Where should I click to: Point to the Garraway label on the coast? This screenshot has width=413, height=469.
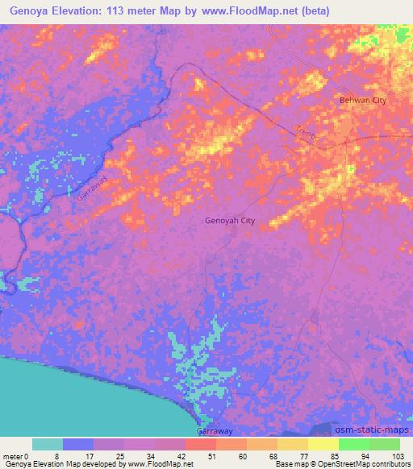click(x=215, y=430)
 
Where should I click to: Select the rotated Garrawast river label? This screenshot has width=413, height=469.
click(x=91, y=187)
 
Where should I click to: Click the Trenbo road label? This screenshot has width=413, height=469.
click(x=307, y=135)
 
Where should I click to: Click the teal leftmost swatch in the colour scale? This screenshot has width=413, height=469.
click(x=48, y=444)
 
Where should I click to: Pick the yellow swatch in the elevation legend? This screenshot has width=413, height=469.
click(x=323, y=444)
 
